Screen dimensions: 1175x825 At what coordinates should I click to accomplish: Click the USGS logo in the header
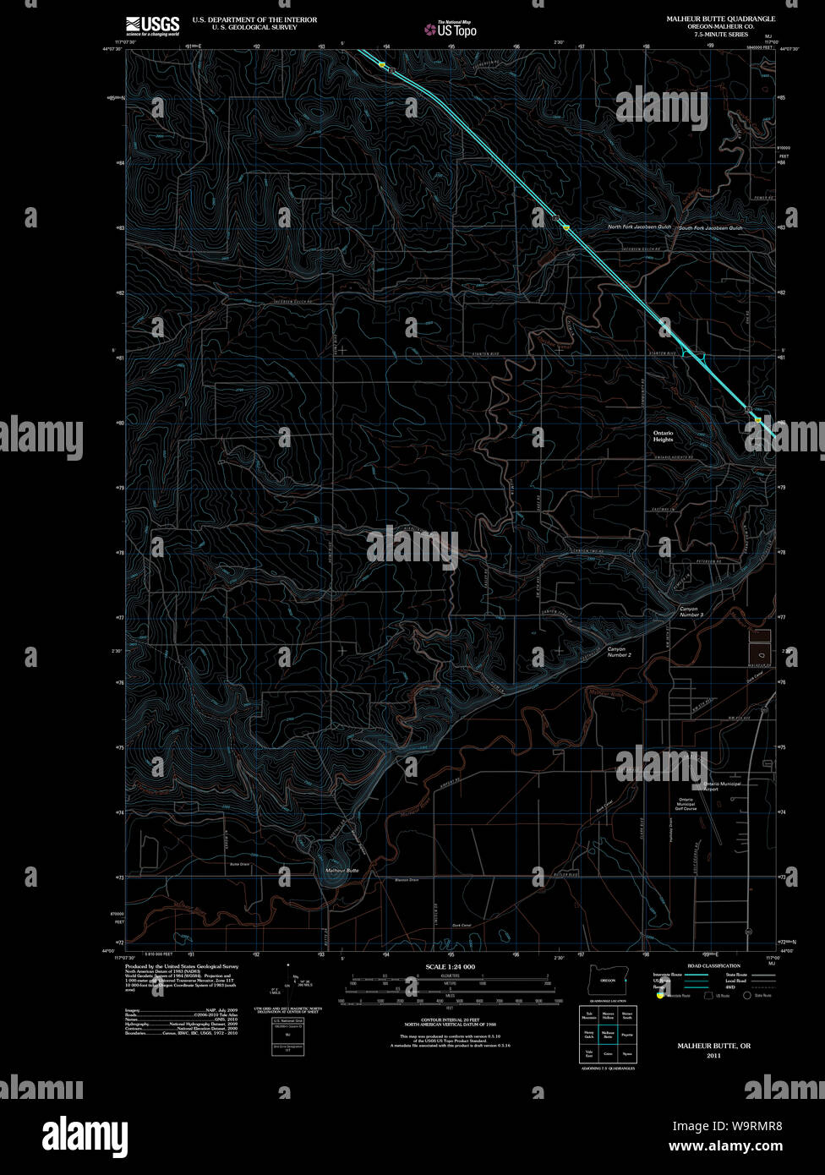(152, 25)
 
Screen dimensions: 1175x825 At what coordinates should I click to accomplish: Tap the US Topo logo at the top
(451, 30)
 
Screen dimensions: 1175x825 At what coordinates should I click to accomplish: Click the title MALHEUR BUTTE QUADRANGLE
(720, 19)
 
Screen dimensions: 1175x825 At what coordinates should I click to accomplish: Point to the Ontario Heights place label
(663, 436)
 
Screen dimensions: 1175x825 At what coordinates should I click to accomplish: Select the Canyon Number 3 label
(691, 611)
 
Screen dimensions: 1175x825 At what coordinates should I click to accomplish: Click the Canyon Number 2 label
(619, 652)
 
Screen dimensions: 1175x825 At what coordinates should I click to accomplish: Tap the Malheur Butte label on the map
(341, 870)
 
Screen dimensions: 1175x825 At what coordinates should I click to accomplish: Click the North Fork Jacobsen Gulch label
(639, 227)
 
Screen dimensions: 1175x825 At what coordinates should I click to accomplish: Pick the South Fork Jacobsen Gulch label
(710, 227)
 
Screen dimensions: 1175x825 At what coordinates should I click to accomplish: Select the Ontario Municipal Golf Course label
(686, 804)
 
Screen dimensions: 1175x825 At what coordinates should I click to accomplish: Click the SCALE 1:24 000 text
(451, 966)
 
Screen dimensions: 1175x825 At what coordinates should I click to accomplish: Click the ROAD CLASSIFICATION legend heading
(713, 965)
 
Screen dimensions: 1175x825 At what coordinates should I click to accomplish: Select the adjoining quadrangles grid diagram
(608, 1033)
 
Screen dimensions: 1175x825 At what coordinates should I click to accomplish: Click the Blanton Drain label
(407, 880)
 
